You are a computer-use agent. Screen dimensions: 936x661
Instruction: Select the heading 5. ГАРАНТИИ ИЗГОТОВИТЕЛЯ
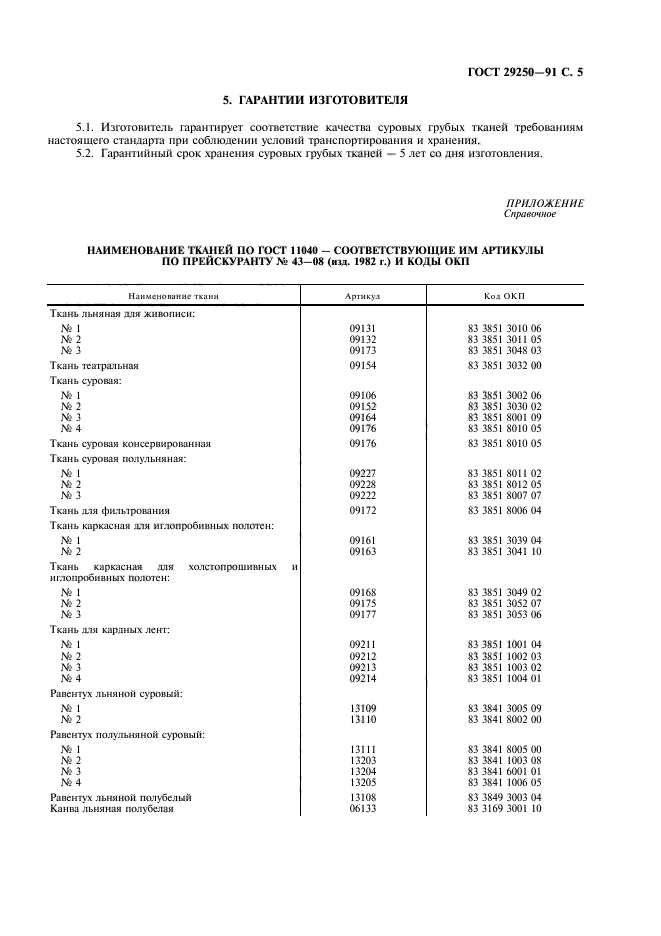(x=315, y=99)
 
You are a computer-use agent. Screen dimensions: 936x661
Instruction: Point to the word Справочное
(x=530, y=213)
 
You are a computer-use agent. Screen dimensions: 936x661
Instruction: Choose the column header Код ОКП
(x=504, y=296)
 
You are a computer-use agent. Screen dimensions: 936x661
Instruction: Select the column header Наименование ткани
(x=173, y=296)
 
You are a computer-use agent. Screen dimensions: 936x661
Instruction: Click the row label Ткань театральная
(x=95, y=366)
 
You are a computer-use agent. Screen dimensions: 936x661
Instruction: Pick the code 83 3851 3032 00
(x=504, y=366)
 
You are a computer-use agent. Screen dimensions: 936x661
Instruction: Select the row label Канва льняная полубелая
(x=112, y=809)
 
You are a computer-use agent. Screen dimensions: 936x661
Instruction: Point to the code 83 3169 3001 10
(x=504, y=809)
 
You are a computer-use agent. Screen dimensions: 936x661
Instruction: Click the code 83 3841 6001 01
(x=504, y=771)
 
